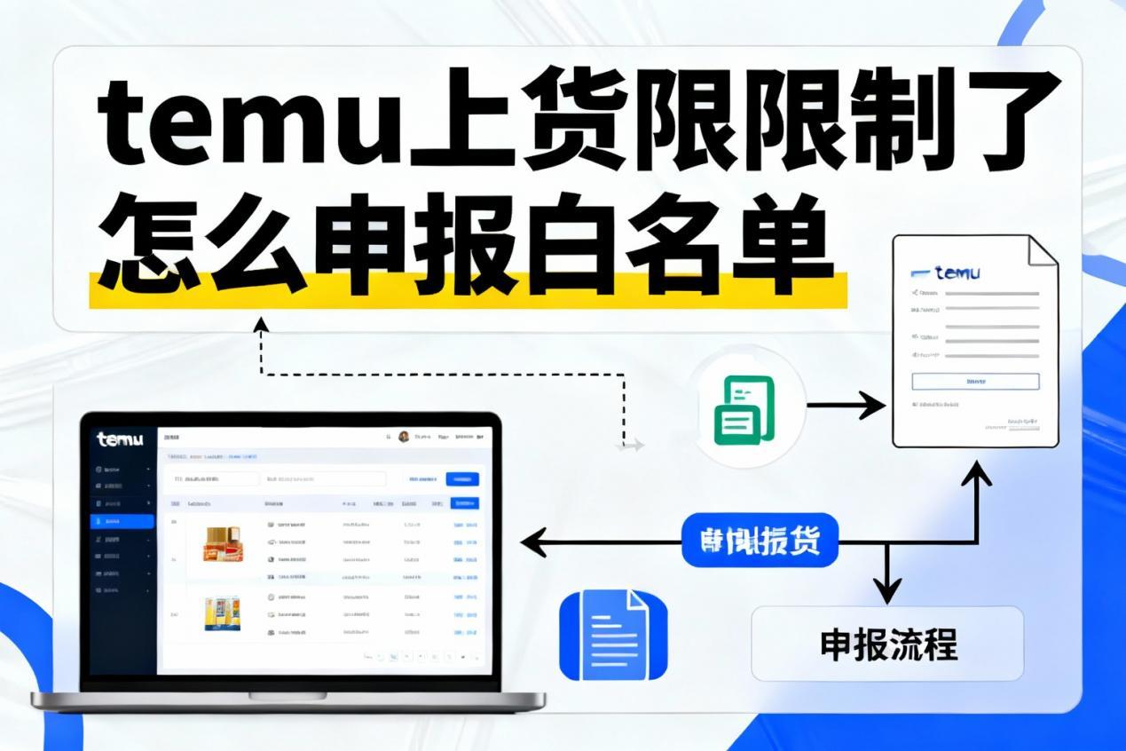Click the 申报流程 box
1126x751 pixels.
click(887, 644)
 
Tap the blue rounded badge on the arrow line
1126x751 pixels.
click(760, 540)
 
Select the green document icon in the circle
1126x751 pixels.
click(744, 409)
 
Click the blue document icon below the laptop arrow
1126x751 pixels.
click(612, 636)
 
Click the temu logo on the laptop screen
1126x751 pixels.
click(120, 439)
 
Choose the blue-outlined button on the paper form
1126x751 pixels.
click(975, 381)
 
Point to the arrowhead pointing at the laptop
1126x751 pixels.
click(529, 540)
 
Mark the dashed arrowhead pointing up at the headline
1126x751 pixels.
click(260, 323)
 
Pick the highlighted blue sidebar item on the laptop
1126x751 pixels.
click(122, 521)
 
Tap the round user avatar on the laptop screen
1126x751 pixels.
click(404, 437)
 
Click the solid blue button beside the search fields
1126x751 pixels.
click(461, 479)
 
